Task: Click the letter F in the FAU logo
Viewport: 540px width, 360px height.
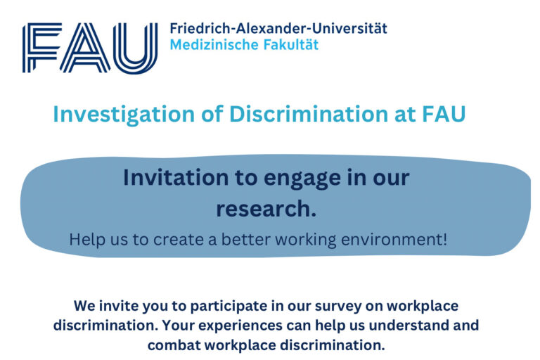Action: (40, 47)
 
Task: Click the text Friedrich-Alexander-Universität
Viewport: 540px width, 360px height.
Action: (278, 29)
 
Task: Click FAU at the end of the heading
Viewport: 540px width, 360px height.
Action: (442, 114)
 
